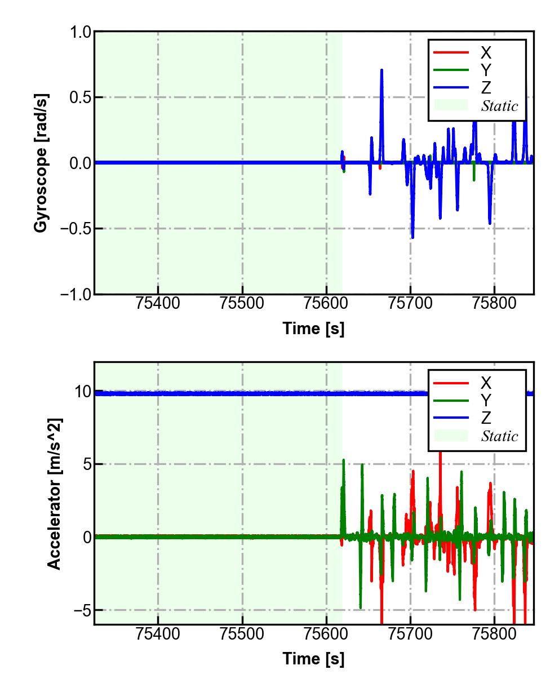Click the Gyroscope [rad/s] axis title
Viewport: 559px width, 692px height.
pyautogui.click(x=41, y=163)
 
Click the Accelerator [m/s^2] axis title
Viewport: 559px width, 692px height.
pyautogui.click(x=54, y=494)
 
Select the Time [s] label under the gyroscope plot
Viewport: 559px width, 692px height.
pyautogui.click(x=313, y=329)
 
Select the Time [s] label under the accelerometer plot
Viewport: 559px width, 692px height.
pyautogui.click(x=313, y=658)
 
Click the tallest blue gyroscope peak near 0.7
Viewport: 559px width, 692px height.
pyautogui.click(x=381, y=70)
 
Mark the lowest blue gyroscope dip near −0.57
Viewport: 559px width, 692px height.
pyautogui.click(x=412, y=237)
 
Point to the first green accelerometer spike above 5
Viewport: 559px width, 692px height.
pyautogui.click(x=344, y=460)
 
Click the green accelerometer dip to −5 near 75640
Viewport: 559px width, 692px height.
pyautogui.click(x=361, y=607)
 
